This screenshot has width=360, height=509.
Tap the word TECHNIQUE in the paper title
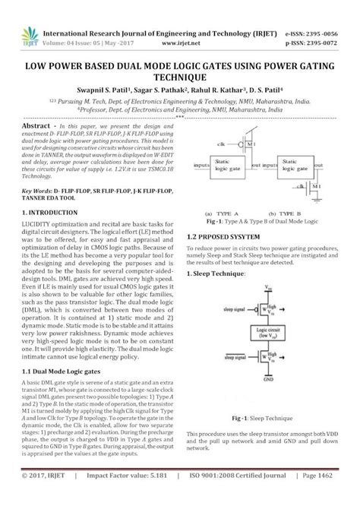click(179, 77)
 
